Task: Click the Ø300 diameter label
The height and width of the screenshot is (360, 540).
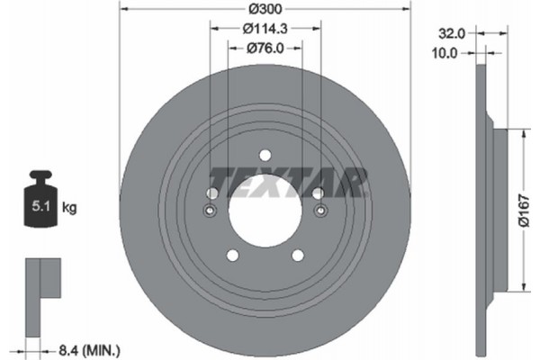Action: click(x=265, y=9)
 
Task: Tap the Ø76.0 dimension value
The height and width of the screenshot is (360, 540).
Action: click(x=265, y=49)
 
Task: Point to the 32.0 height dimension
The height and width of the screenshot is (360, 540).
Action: click(x=451, y=32)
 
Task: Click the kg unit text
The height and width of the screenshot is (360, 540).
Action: click(x=70, y=209)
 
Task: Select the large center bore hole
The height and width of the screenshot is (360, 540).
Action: click(x=265, y=212)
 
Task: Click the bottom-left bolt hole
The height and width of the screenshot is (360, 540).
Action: click(x=231, y=256)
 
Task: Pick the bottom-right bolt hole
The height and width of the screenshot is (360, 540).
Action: click(x=300, y=256)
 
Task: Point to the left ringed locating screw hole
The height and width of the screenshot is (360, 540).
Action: click(x=210, y=211)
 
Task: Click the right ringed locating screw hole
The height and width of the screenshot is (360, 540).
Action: click(x=321, y=211)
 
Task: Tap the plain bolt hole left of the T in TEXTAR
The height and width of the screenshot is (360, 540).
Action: click(x=211, y=193)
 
